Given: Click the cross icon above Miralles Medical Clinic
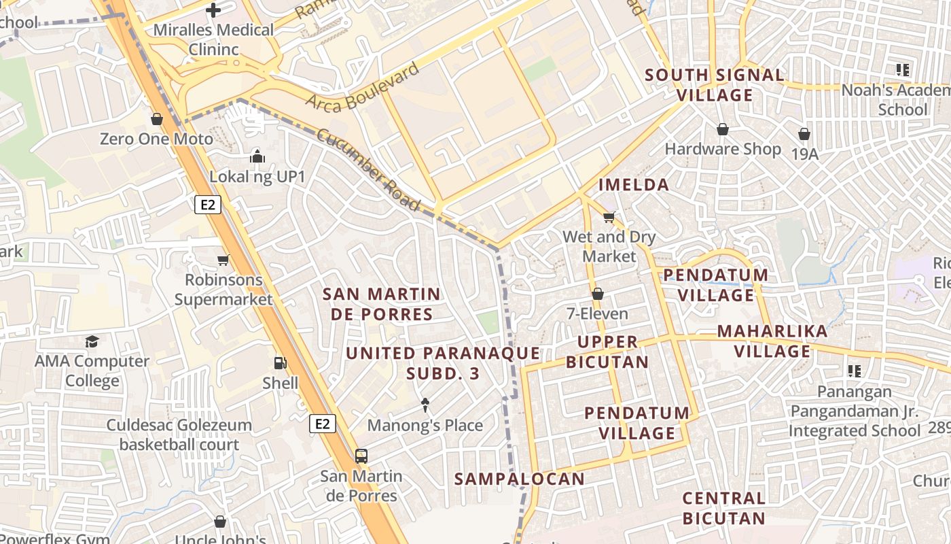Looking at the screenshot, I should [213, 10].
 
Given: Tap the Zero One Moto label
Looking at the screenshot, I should [156, 139].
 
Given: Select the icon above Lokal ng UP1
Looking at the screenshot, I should [257, 156].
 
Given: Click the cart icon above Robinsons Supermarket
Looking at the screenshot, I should [223, 260].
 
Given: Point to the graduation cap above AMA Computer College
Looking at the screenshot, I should [92, 341].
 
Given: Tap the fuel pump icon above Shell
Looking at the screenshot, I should [280, 363].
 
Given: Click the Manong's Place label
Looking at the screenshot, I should [425, 426].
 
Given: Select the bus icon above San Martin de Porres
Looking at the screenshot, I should [361, 456].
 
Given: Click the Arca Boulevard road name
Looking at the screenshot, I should [362, 87].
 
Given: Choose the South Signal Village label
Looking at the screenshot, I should [715, 85].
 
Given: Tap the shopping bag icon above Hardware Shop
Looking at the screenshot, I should [723, 129].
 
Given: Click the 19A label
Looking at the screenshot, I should [805, 154].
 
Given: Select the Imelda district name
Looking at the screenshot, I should [634, 184].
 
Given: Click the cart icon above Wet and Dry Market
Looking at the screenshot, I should [609, 218].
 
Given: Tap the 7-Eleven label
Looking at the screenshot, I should [598, 314].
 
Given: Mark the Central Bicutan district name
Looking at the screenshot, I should [724, 508].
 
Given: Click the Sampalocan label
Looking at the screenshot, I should [520, 479].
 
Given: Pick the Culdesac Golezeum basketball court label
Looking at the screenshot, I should [179, 435].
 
